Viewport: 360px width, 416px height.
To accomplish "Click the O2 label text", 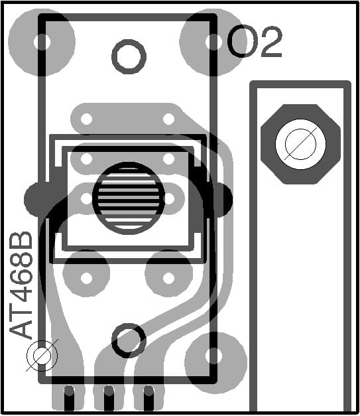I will point(255,42).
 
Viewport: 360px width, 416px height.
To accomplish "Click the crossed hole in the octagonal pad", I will point(300,143).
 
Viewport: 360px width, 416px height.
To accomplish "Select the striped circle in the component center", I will point(128,197).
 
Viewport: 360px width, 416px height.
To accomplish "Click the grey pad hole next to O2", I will point(213,42).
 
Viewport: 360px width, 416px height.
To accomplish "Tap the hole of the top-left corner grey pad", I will point(42,42).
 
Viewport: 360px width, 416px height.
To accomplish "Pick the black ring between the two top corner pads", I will point(128,56).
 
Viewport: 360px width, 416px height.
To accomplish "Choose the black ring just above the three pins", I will point(128,340).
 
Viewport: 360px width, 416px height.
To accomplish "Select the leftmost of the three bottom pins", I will point(68,398).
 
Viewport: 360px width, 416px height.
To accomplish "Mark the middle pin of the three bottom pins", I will point(107,398).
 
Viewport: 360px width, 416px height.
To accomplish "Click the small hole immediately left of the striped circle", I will point(86,198).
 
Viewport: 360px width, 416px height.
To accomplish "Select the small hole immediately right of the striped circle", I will point(169,198).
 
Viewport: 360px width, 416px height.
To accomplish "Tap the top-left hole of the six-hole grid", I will point(86,119).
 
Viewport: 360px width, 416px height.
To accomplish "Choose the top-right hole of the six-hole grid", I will point(169,119).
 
